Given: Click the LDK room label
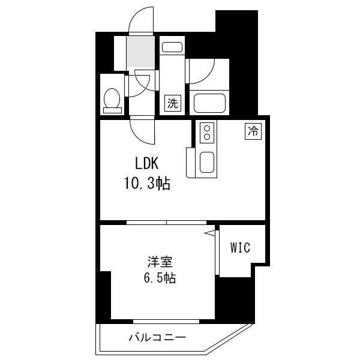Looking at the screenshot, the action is pyautogui.click(x=147, y=163).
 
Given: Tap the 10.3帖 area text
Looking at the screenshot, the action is pyautogui.click(x=147, y=184).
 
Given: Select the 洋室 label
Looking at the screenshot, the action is pyautogui.click(x=160, y=262).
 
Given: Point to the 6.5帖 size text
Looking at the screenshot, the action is pyautogui.click(x=160, y=278).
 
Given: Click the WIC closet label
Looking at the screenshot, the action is pyautogui.click(x=240, y=247).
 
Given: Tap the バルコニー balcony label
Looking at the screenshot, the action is pyautogui.click(x=157, y=337).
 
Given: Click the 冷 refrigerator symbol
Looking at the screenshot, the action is pyautogui.click(x=253, y=131).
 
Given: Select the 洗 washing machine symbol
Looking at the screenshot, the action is pyautogui.click(x=172, y=103).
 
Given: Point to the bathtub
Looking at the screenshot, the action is pyautogui.click(x=209, y=103).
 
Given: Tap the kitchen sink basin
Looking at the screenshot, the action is pyautogui.click(x=207, y=163).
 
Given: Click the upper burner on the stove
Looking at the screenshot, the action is pyautogui.click(x=207, y=128).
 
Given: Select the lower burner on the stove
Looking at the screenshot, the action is pyautogui.click(x=207, y=137).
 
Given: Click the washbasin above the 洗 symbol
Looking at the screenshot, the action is pyautogui.click(x=172, y=47).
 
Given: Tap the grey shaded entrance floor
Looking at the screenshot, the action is pyautogui.click(x=141, y=52).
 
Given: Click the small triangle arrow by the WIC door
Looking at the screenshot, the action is pyautogui.click(x=209, y=233).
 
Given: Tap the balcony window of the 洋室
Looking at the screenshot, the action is pyautogui.click(x=166, y=322).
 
